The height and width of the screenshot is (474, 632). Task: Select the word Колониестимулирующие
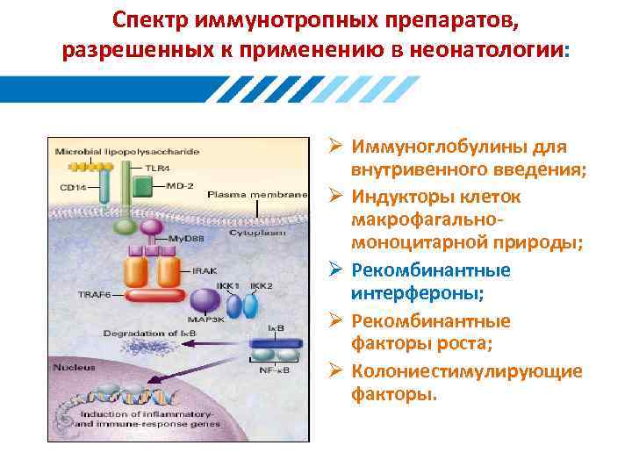(466, 371)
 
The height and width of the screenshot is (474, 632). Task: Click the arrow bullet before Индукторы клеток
(336, 196)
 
